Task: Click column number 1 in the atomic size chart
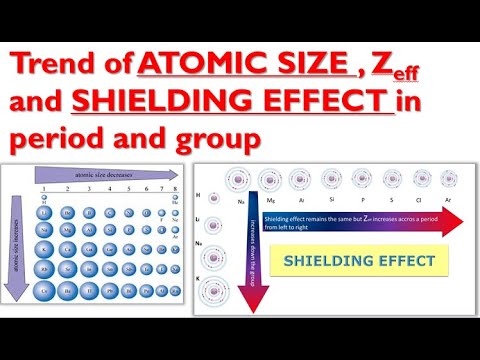pos(44,188)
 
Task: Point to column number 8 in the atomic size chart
pos(177,188)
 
